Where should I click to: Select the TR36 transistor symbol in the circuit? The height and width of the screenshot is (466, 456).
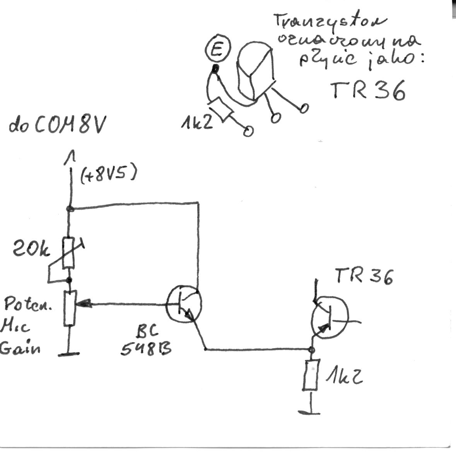pyautogui.click(x=330, y=318)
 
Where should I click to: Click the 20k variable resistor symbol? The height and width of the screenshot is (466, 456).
pyautogui.click(x=69, y=253)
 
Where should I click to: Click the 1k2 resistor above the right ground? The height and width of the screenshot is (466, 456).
pyautogui.click(x=312, y=375)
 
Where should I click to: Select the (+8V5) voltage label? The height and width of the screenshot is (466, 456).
pyautogui.click(x=109, y=175)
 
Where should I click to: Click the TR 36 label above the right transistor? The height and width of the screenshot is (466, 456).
pyautogui.click(x=364, y=276)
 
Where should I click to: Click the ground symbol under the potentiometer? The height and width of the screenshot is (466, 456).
pyautogui.click(x=69, y=353)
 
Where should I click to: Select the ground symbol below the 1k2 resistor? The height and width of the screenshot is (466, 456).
pyautogui.click(x=310, y=412)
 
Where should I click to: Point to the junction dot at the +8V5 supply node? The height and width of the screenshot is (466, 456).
pyautogui.click(x=70, y=209)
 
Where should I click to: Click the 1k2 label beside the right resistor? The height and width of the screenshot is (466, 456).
pyautogui.click(x=343, y=376)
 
